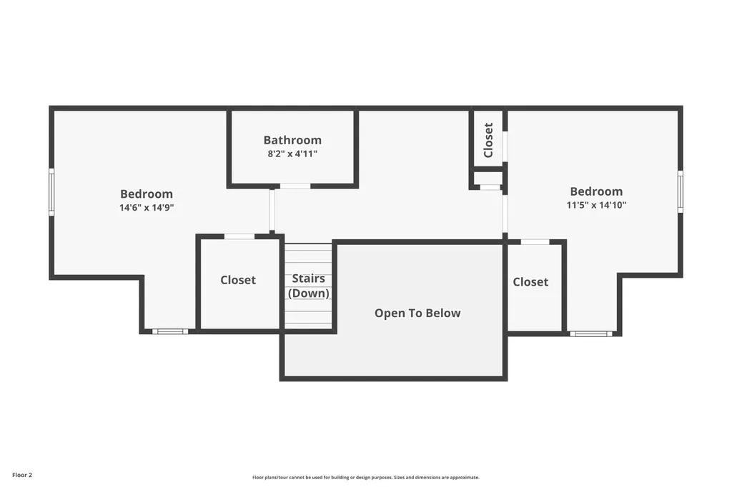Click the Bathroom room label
point(292,140)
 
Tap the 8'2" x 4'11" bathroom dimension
point(292,154)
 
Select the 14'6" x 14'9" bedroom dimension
point(147,208)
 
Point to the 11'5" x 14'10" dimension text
point(596,205)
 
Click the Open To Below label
point(417,313)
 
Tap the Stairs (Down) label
point(309,286)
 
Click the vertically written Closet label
point(488,140)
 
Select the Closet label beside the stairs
point(238,280)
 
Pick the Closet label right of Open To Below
point(530,282)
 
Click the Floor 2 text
point(22,475)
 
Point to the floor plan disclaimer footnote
point(366,477)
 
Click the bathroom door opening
point(295,186)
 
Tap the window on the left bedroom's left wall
point(51,192)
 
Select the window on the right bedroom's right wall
point(681,191)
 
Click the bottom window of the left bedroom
point(170,331)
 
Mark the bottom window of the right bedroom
point(590,333)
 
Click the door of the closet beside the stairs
point(239,236)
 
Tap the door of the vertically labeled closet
point(505,146)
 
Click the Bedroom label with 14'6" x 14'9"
point(147,194)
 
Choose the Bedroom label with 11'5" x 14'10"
point(596,191)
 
